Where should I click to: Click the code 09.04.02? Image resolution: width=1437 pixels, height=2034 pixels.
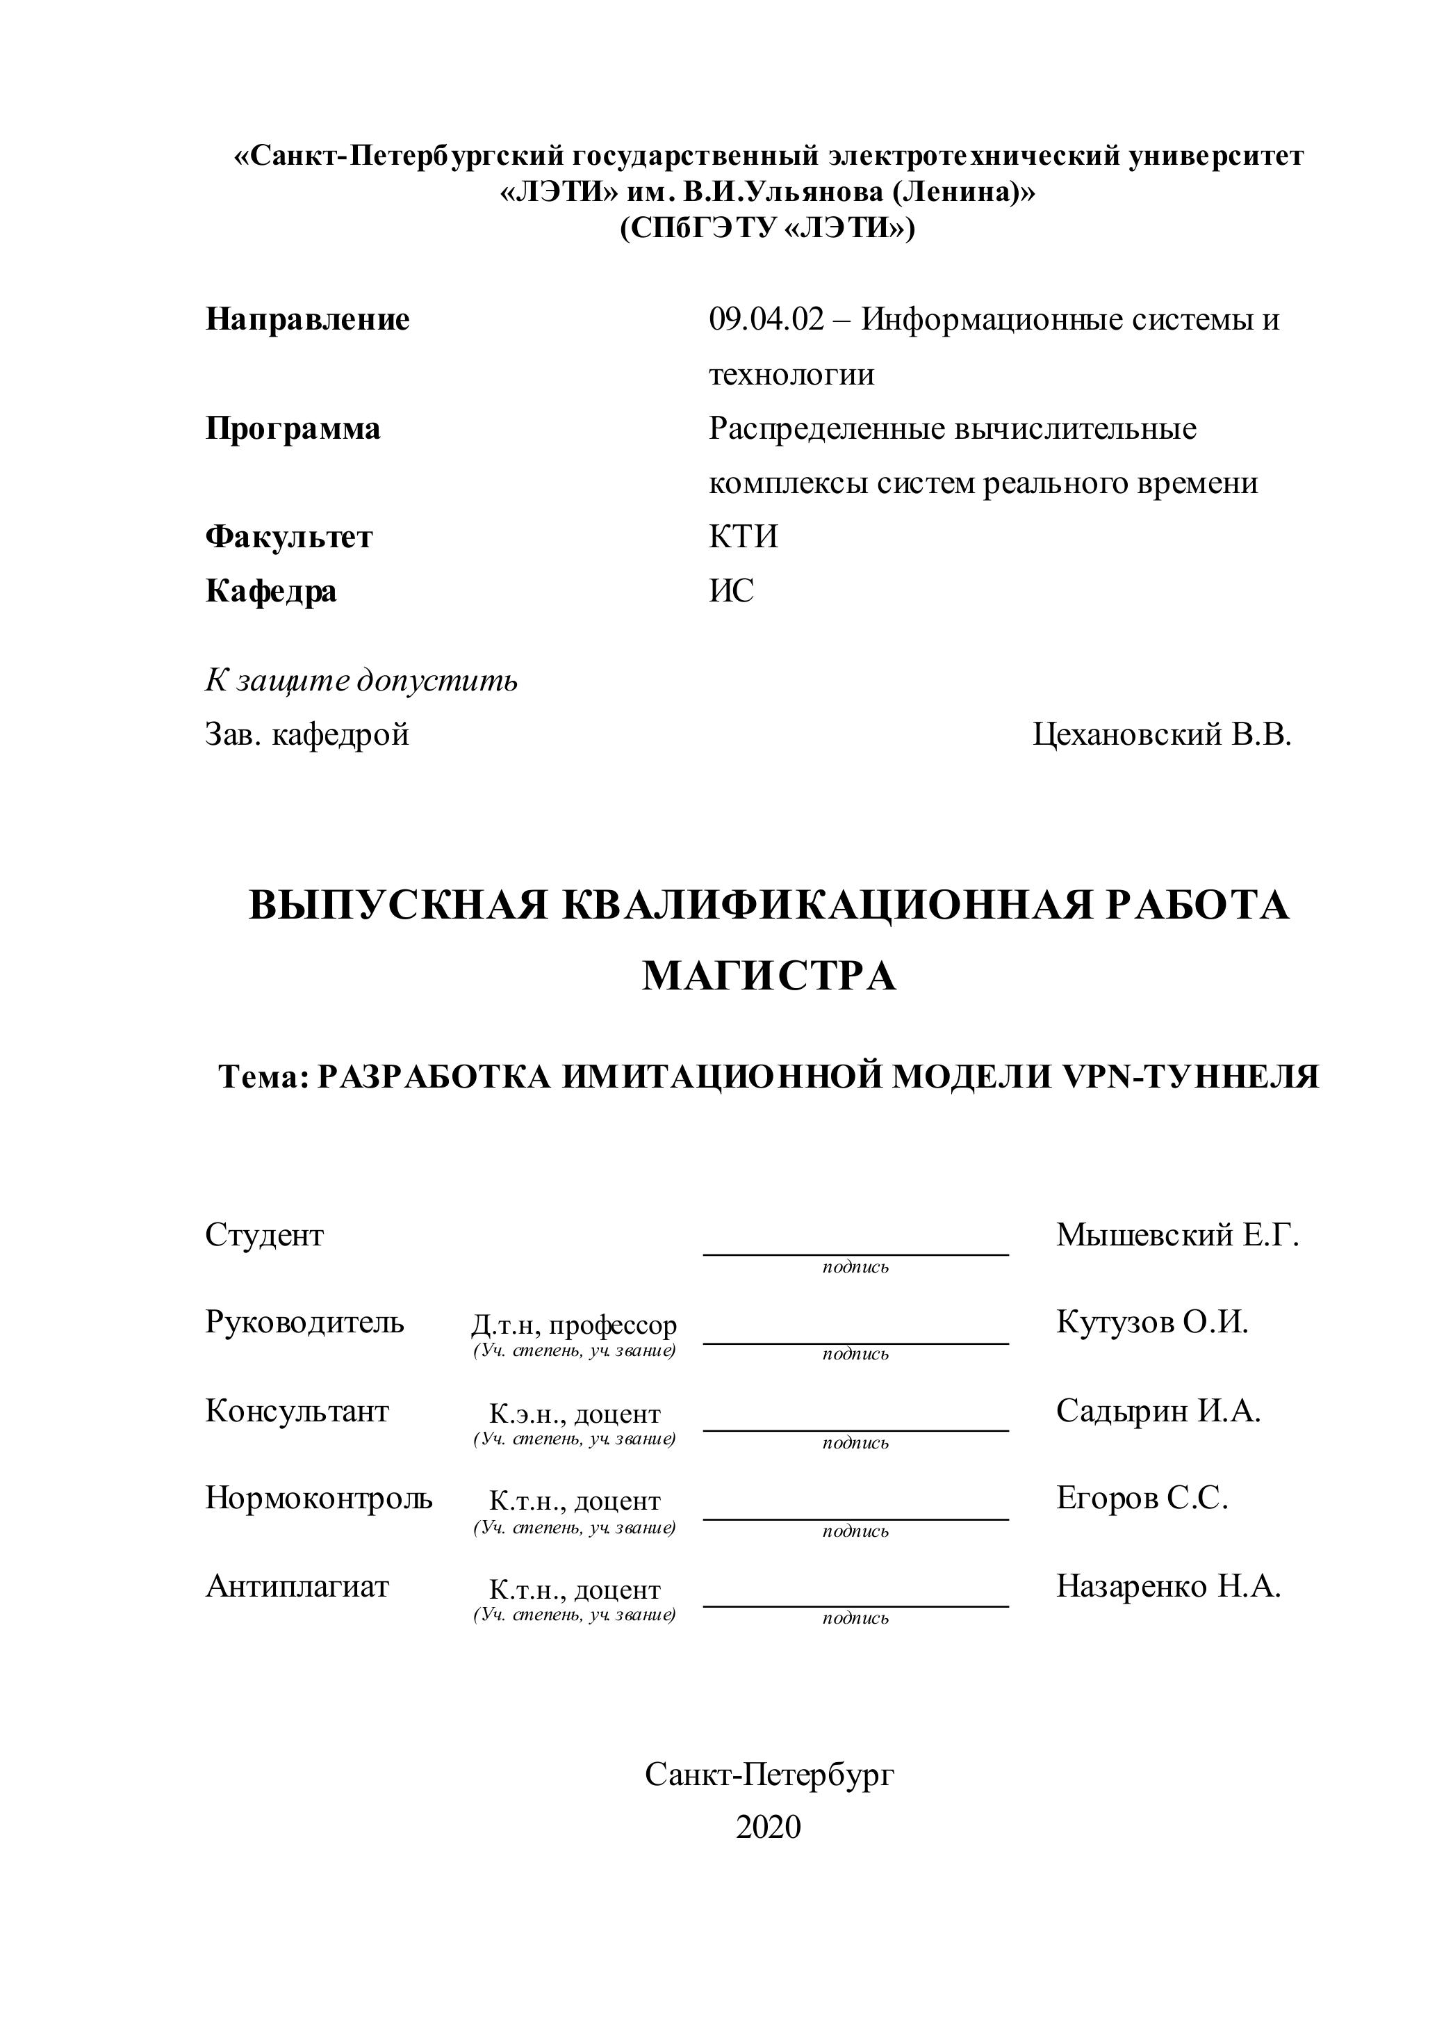pos(766,319)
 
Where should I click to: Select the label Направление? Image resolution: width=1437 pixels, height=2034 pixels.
pos(307,319)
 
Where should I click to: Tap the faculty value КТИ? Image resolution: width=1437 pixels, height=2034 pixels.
pos(743,537)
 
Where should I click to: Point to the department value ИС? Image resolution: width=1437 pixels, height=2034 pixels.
pos(731,591)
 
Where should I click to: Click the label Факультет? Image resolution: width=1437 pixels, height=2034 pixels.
pos(288,537)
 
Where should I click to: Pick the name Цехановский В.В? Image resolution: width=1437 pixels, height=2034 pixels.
pos(1162,734)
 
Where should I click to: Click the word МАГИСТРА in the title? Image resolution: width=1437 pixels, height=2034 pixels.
pos(769,976)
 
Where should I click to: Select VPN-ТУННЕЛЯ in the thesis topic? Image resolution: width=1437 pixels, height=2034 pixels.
pos(1189,1077)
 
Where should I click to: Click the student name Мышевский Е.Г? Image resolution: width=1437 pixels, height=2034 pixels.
pos(1176,1235)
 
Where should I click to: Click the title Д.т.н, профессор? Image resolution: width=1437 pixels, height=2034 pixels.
pos(574,1325)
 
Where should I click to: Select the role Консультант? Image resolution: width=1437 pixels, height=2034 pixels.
pos(297,1410)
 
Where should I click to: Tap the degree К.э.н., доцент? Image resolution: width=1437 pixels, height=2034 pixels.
pos(575,1413)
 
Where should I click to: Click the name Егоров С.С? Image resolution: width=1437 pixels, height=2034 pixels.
pos(1141,1498)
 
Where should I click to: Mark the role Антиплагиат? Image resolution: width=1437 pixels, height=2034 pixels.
pos(297,1585)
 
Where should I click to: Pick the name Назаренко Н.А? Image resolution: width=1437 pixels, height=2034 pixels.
pos(1168,1585)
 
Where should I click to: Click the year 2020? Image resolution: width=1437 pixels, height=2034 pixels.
pos(768,1827)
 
